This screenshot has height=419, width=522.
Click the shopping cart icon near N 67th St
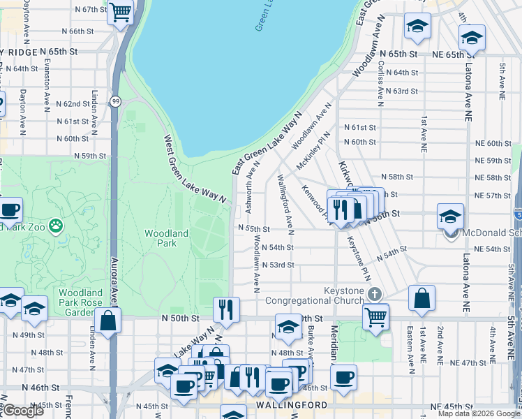tap(120, 12)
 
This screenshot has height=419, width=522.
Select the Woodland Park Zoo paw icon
tap(55, 226)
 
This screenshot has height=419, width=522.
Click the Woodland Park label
tap(167, 238)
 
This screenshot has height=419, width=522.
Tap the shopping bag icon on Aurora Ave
tap(108, 321)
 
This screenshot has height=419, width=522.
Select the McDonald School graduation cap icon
tap(450, 216)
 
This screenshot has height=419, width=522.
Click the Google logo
tap(23, 411)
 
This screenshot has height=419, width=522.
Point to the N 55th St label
tap(253, 229)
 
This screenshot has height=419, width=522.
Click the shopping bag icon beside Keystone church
tap(422, 298)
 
